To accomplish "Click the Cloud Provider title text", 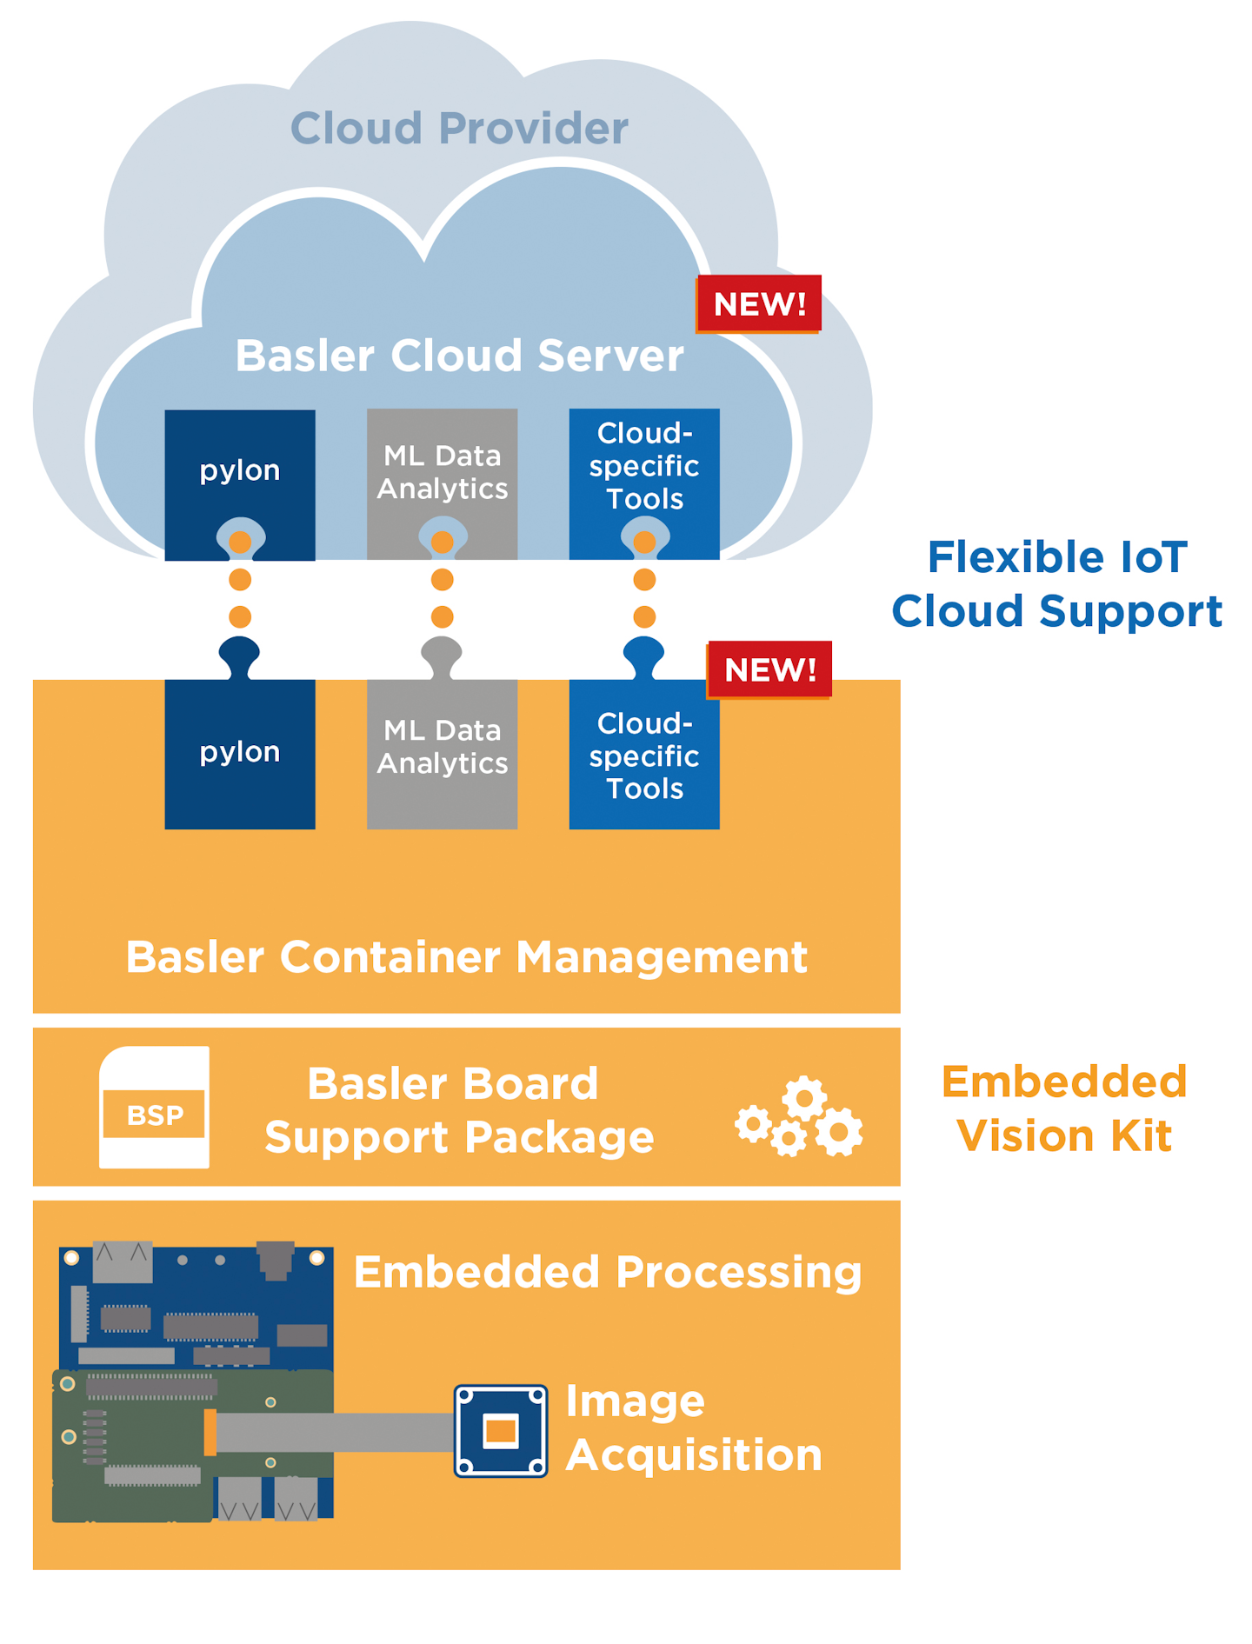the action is (459, 129).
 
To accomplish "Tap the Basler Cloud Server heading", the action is (459, 356).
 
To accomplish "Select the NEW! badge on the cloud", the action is (759, 304).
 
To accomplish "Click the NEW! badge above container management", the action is (770, 669).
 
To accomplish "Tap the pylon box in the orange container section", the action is (240, 753).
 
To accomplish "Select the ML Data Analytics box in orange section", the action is (442, 753).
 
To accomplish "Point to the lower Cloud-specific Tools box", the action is (644, 753).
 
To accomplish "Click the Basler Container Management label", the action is (467, 957).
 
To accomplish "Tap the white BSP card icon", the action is (155, 1107).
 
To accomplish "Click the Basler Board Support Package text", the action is (459, 1111).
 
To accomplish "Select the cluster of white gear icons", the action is (799, 1117).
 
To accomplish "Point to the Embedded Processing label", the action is (608, 1273).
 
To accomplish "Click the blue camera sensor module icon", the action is (501, 1431).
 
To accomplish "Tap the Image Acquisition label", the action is (694, 1428).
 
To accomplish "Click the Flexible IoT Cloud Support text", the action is (1057, 584).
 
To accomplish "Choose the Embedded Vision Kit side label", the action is (1064, 1108).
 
